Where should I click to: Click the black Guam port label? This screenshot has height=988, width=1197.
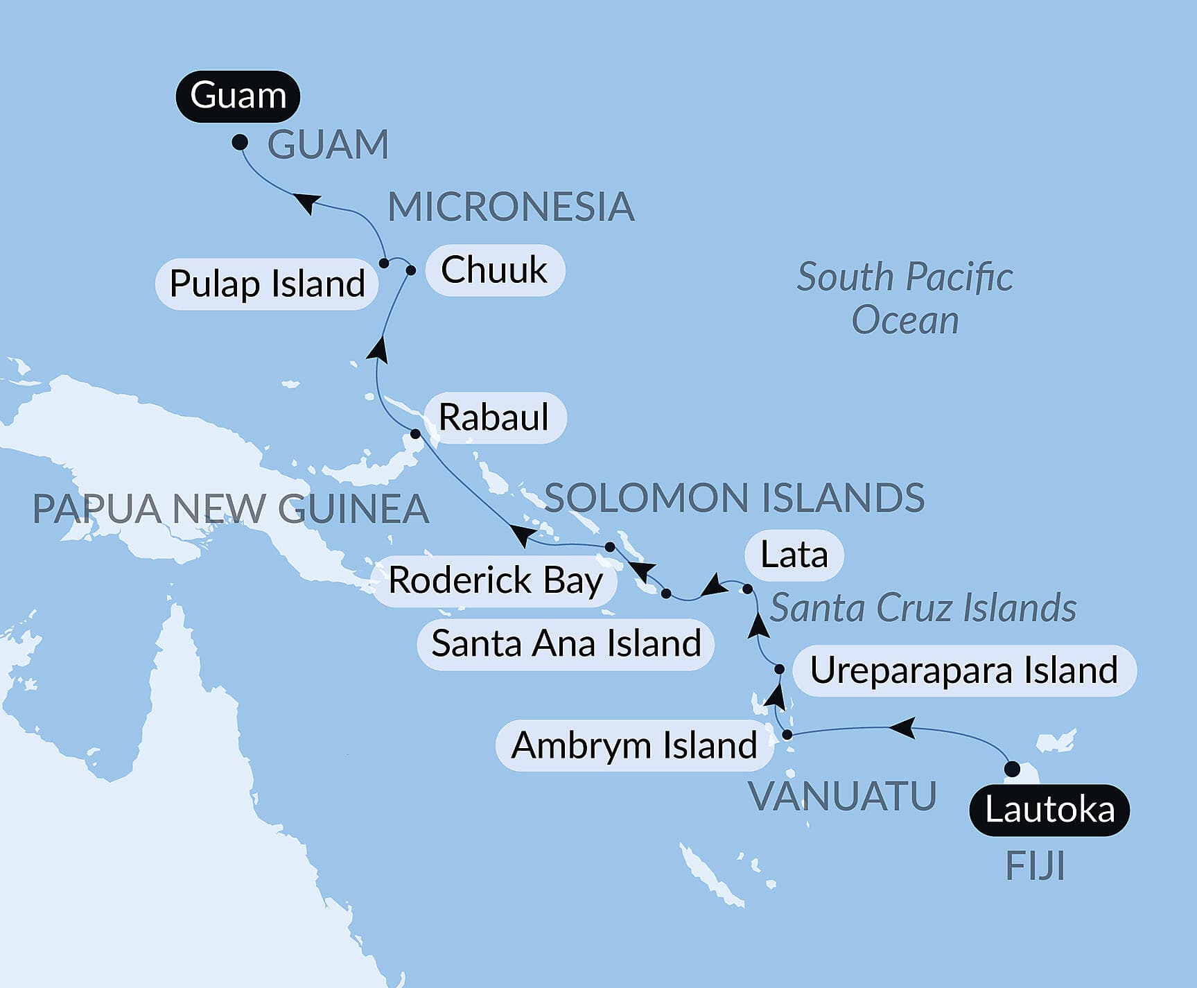point(238,96)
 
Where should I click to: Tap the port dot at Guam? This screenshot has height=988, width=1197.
point(240,142)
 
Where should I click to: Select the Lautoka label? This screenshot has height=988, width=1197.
point(1049,810)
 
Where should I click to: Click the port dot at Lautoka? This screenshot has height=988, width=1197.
point(1012,768)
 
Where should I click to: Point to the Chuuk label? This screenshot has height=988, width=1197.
point(494,270)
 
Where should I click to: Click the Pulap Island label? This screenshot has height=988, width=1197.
point(267,284)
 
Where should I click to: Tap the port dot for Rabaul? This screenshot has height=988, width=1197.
point(415,434)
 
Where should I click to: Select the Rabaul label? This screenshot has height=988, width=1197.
point(493,417)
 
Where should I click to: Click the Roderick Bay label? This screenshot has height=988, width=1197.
point(495,580)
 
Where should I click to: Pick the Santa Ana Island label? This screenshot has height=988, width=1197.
point(566,643)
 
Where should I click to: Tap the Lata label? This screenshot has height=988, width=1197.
point(794,555)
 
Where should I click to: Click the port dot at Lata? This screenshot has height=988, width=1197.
point(747,589)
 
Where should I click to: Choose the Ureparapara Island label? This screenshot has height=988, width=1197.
point(963,670)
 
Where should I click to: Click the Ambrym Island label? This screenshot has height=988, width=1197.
point(634,745)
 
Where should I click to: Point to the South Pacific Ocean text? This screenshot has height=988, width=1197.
point(905,298)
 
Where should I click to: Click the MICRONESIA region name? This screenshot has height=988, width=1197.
point(511,207)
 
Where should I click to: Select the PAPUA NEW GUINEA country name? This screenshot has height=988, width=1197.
point(231,509)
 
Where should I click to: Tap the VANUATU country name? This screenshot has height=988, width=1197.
point(843,796)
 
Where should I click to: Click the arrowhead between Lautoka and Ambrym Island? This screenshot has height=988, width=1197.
point(901,728)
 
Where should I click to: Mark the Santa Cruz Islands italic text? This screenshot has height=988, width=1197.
point(923,608)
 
